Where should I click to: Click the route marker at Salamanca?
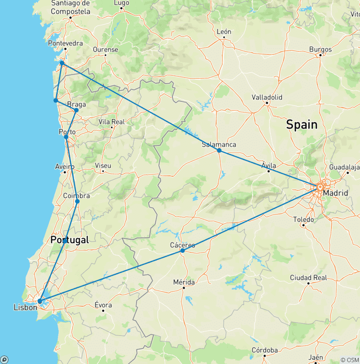tap(219, 151)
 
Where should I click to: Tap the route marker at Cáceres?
tap(182, 251)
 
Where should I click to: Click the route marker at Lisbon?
tap(40, 301)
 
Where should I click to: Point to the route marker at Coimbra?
tap(77, 201)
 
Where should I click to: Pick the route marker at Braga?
tap(76, 110)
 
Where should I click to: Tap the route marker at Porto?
tap(66, 137)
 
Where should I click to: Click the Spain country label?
tap(301, 125)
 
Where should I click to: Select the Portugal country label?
tap(69, 240)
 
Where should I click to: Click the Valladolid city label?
tap(267, 98)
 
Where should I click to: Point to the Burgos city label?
tap(320, 49)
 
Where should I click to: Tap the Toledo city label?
tap(303, 219)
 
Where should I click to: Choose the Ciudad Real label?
tap(308, 278)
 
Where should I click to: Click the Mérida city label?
tap(184, 282)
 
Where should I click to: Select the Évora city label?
tap(103, 304)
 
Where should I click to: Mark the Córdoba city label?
tap(264, 350)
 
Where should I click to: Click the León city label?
tap(224, 32)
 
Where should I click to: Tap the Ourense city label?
tap(105, 49)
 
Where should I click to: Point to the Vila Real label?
tap(112, 121)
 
